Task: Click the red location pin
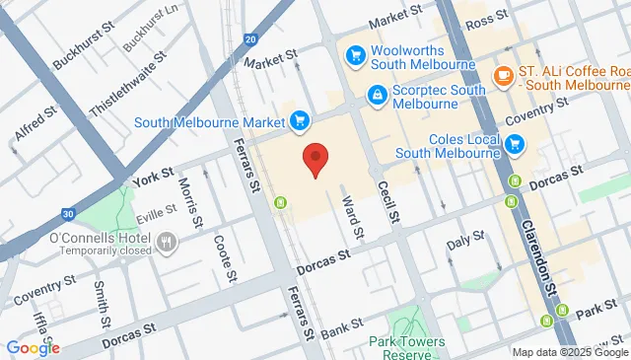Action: coord(315,158)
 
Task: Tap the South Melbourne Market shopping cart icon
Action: coord(300,121)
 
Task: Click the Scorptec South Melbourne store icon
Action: coord(376,94)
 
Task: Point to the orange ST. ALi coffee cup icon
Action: coord(503,75)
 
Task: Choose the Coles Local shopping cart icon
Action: coord(514,145)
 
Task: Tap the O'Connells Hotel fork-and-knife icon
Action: coord(167,241)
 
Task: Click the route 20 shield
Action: coord(250,40)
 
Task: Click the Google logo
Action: coord(33,347)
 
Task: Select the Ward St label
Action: coord(351,211)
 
